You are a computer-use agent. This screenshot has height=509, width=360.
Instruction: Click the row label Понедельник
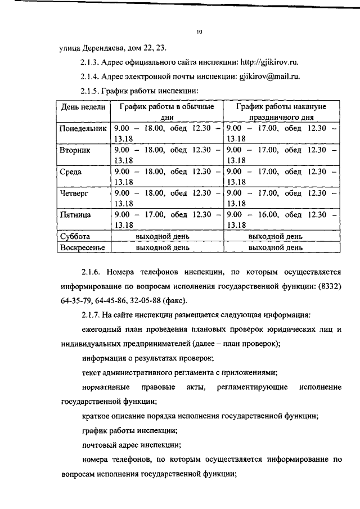point(83,128)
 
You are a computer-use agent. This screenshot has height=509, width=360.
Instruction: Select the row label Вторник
point(75,151)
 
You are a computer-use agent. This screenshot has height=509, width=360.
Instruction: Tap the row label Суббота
point(75,236)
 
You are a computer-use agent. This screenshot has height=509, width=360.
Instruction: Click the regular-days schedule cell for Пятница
point(166,219)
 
